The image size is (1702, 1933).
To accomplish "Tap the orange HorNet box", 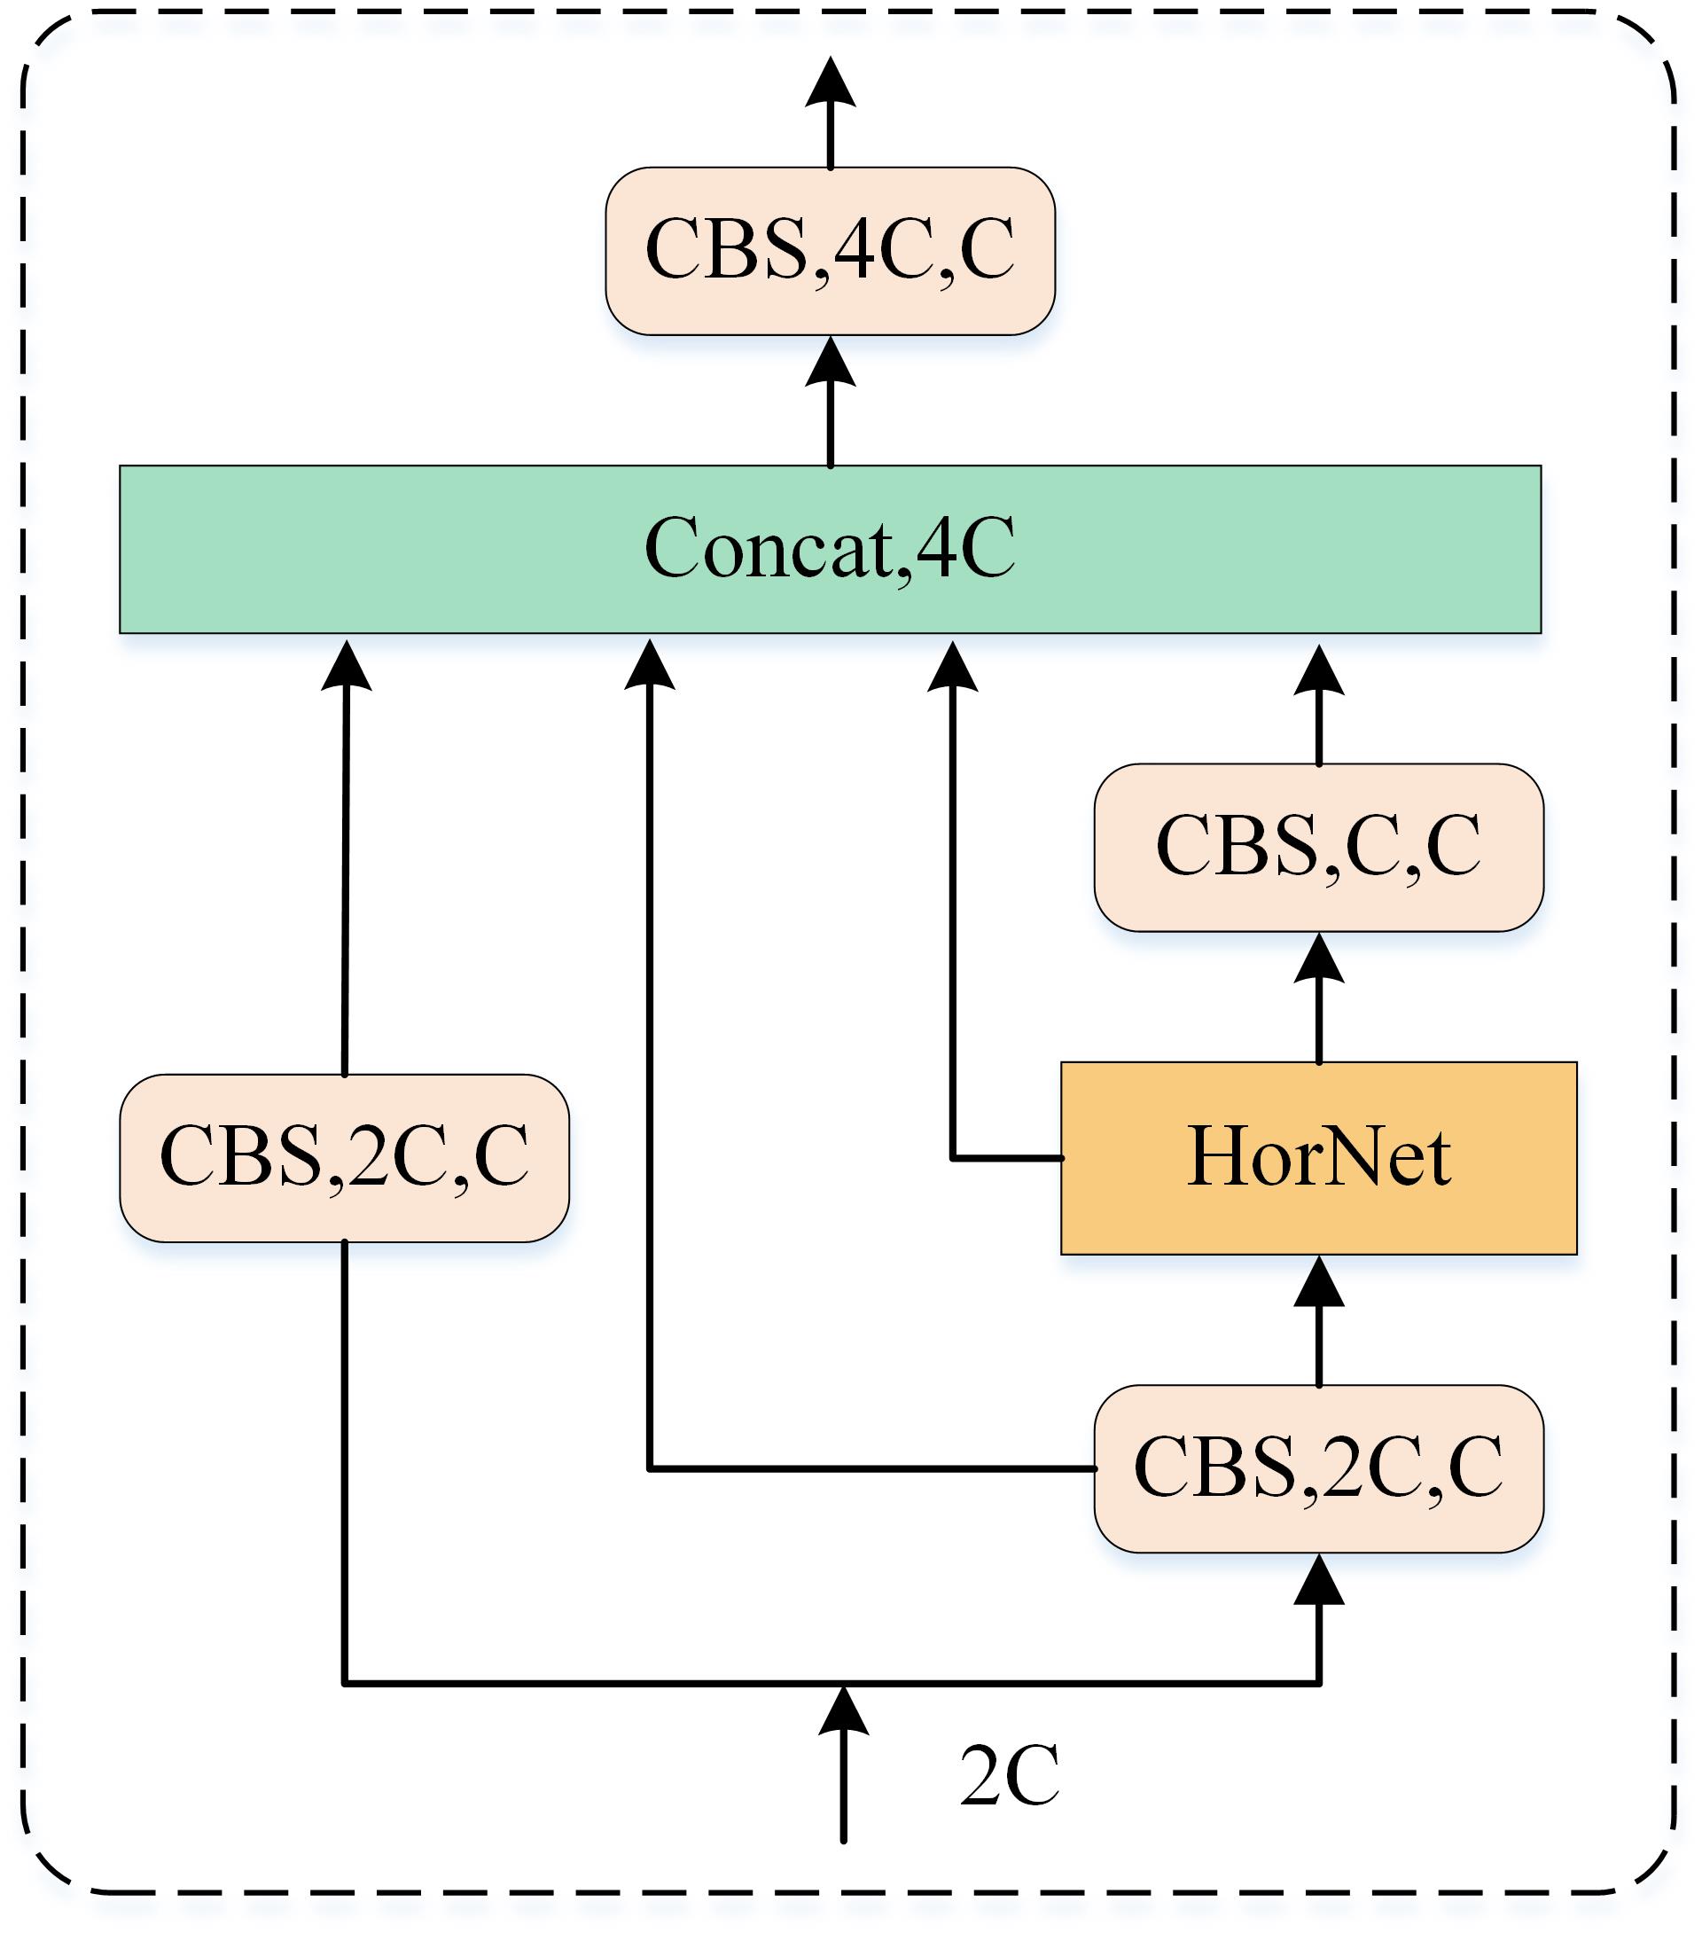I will pos(1318,1157).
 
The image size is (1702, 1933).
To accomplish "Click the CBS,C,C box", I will pos(1318,847).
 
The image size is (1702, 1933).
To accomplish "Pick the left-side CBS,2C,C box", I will pos(344,1157).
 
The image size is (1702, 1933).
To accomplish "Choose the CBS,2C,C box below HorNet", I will pos(1318,1468).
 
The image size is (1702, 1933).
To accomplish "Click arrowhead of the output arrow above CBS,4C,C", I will pos(831,81).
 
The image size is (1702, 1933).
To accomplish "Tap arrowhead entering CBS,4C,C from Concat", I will pos(831,361).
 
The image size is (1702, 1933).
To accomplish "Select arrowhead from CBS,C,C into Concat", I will pos(1318,670).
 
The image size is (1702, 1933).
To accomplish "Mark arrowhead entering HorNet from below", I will pos(1318,1281).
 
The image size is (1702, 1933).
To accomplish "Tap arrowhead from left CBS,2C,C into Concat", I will pos(346,666).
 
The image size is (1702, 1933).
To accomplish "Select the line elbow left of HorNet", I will pos(952,1157).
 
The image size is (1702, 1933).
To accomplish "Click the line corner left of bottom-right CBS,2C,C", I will pos(650,1468).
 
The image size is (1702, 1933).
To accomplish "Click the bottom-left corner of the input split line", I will pos(344,1682).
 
